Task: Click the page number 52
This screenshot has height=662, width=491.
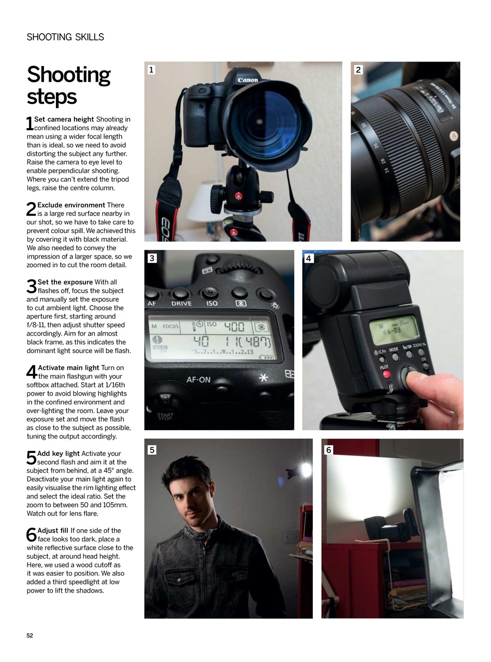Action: coord(30,636)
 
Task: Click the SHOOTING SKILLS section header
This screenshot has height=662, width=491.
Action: coord(65,37)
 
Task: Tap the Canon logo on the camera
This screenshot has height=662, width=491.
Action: coord(248,80)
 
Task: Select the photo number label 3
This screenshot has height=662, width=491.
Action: coord(152,258)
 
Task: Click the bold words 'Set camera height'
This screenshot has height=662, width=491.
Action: coord(64,119)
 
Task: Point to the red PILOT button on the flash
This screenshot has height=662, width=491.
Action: coord(385,374)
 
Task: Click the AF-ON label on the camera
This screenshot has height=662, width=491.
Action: coord(198,380)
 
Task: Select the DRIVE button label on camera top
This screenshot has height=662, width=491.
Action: coord(181,304)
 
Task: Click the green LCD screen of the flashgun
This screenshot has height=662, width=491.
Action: coord(393,329)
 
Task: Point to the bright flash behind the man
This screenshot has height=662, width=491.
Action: coord(306,470)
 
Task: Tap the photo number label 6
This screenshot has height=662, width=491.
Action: coord(328,449)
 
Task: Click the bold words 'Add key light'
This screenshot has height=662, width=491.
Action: coord(58,454)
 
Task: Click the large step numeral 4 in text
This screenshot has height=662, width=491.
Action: coord(31,372)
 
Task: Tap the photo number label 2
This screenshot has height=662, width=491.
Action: coord(358,69)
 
